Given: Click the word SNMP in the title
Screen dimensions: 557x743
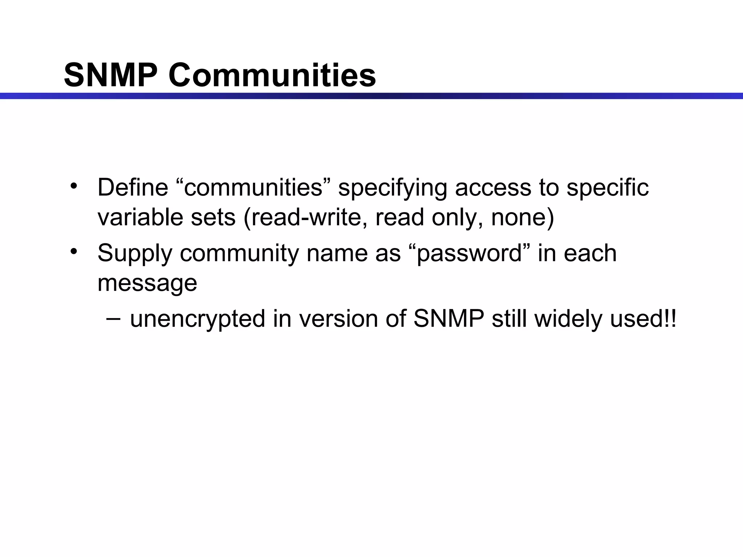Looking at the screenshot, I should coord(111,75).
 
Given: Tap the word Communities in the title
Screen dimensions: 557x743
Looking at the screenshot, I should coord(272,75).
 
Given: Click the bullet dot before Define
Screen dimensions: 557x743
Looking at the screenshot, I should coord(74,186).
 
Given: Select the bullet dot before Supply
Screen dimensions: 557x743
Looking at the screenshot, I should coord(74,251).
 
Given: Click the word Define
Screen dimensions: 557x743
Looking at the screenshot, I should coord(133,187).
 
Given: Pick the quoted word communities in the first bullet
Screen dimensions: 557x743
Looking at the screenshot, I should coord(254,187).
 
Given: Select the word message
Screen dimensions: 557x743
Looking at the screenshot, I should coord(147,283).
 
